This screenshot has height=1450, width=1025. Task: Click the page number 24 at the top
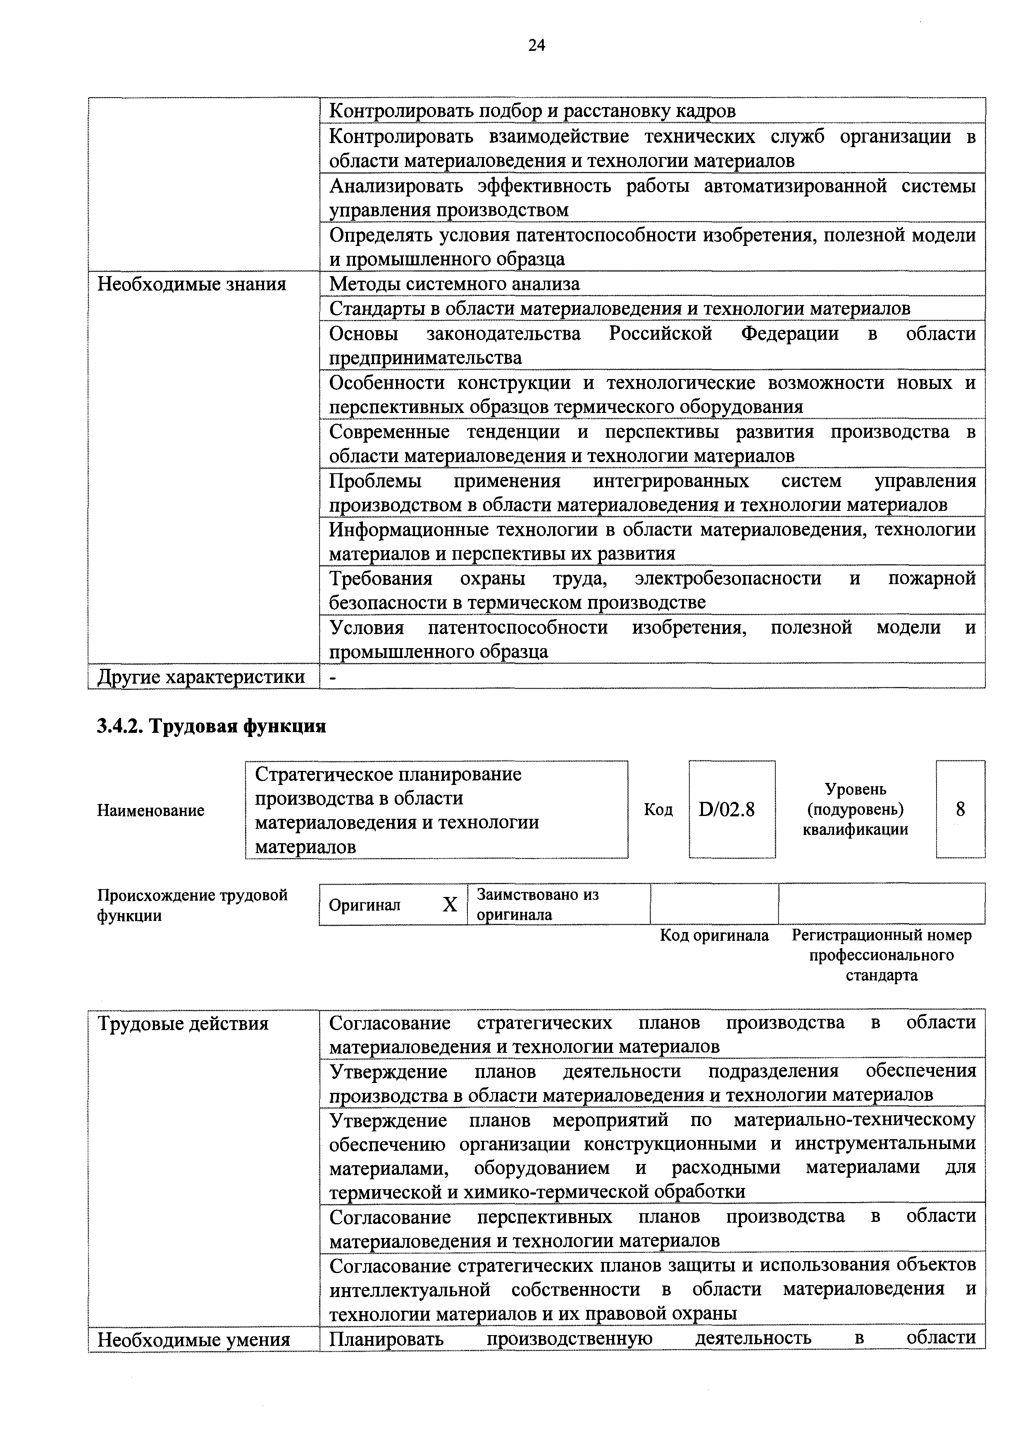536,45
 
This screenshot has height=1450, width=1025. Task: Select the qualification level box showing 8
960,810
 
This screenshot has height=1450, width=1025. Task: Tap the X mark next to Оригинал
450,905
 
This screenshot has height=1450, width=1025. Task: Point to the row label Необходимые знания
191,284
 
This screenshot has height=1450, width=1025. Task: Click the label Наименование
150,810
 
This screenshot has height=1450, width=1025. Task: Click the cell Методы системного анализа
454,284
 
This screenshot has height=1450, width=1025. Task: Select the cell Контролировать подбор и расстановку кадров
532,111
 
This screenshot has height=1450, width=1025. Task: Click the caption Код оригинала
714,935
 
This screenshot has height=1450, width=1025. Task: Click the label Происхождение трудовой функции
192,905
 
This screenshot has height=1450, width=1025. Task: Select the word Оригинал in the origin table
365,905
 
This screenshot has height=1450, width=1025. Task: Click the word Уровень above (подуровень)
855,789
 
